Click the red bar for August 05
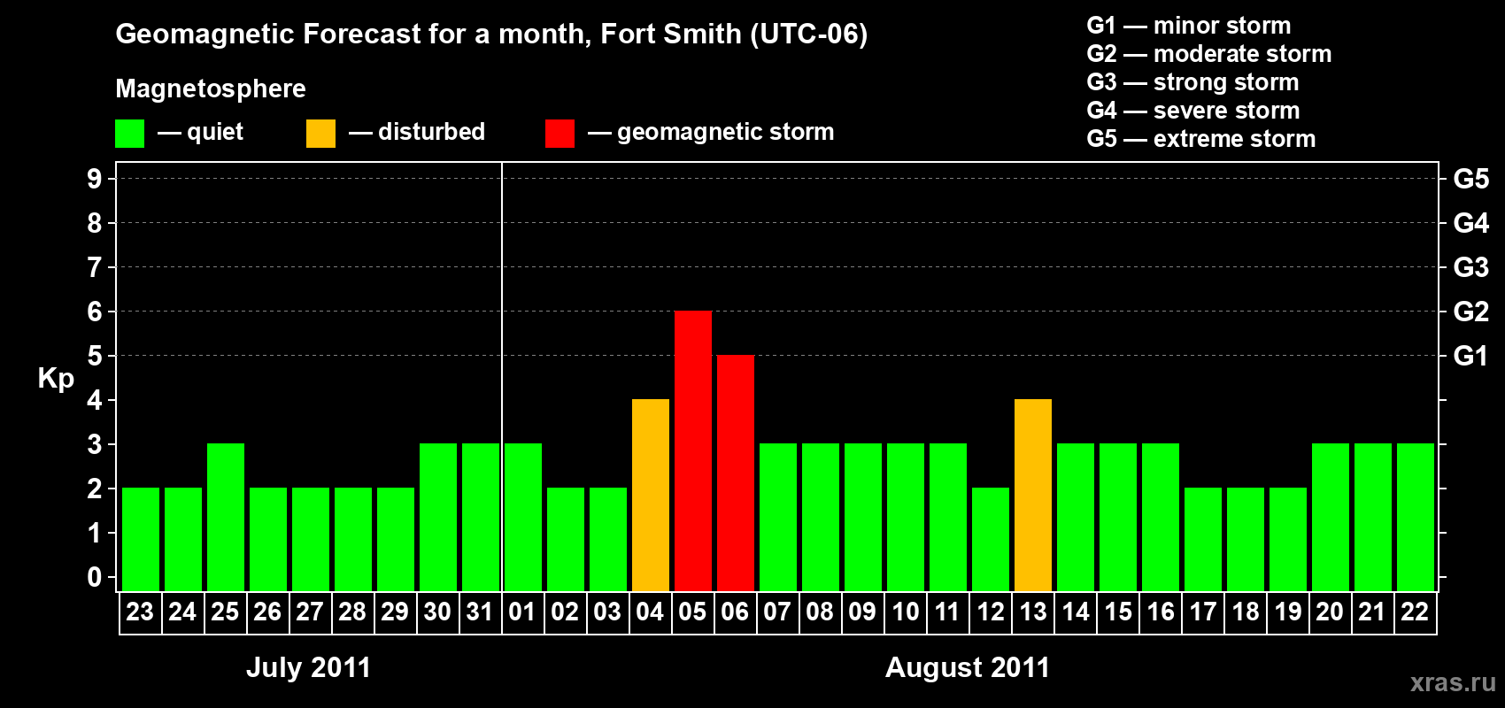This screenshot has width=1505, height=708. [x=693, y=450]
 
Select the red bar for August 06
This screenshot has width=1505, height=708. [x=736, y=473]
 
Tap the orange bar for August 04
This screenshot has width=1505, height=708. [x=651, y=495]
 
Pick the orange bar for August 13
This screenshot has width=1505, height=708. [x=1033, y=495]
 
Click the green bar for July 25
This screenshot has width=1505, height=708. [x=226, y=517]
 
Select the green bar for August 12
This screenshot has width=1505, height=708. [x=991, y=539]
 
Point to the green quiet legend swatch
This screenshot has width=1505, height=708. [x=130, y=134]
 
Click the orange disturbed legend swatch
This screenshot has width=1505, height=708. [x=320, y=134]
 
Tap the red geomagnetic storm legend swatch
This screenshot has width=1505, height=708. [x=560, y=134]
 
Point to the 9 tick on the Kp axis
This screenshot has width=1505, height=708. [x=95, y=179]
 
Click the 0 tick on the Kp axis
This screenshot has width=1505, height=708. [x=95, y=578]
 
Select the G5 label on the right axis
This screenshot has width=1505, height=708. [x=1470, y=179]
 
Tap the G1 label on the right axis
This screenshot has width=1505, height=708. [x=1470, y=356]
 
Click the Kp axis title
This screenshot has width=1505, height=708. [x=56, y=378]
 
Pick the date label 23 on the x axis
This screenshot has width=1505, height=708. [x=140, y=612]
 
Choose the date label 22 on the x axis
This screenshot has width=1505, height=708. [x=1415, y=612]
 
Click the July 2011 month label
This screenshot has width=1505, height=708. [x=308, y=667]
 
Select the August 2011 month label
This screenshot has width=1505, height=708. [x=967, y=667]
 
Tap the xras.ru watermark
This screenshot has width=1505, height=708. [x=1452, y=681]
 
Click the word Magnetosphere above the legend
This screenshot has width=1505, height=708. [x=211, y=88]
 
